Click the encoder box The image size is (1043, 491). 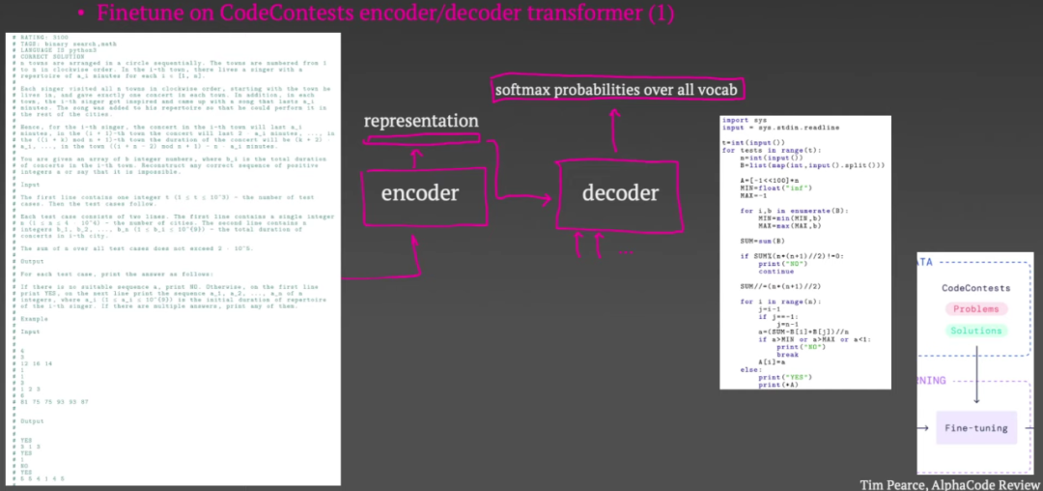click(x=419, y=192)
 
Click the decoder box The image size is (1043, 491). click(x=620, y=192)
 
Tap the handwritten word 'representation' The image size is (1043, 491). click(x=421, y=121)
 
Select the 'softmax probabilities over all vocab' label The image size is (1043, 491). click(x=616, y=90)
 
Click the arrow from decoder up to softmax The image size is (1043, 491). click(x=610, y=130)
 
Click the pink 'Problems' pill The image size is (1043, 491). click(x=976, y=308)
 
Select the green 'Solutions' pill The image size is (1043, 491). click(x=976, y=331)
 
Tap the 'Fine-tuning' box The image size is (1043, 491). click(x=977, y=426)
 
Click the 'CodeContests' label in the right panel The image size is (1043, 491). click(x=976, y=288)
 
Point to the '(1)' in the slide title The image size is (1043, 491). click(x=659, y=14)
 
